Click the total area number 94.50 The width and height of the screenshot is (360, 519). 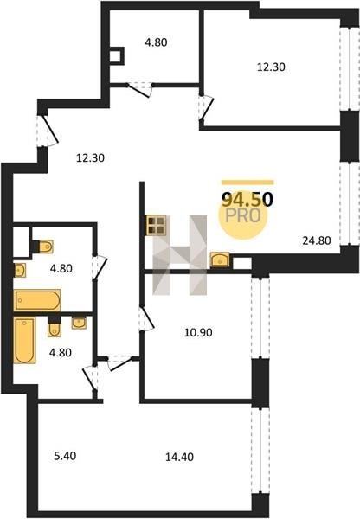247,199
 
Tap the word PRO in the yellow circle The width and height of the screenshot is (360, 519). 243,215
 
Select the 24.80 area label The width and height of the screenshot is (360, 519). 317,240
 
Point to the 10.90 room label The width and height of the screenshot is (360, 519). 198,332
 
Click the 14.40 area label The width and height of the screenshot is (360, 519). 179,457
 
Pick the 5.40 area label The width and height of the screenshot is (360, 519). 65,456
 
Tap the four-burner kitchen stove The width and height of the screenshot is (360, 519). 156,226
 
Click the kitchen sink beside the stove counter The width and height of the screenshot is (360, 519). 220,259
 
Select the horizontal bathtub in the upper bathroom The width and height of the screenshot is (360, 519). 36,300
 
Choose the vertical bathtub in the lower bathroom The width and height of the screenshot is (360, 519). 24,340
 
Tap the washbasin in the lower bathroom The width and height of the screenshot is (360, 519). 79,323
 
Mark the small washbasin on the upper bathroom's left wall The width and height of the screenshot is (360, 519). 20,270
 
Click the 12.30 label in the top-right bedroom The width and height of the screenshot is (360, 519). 271,67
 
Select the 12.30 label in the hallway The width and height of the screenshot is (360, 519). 90,158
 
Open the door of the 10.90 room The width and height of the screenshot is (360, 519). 148,318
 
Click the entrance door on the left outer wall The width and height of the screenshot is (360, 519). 50,131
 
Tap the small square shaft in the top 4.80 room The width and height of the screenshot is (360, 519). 116,56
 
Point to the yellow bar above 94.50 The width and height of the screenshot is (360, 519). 247,182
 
